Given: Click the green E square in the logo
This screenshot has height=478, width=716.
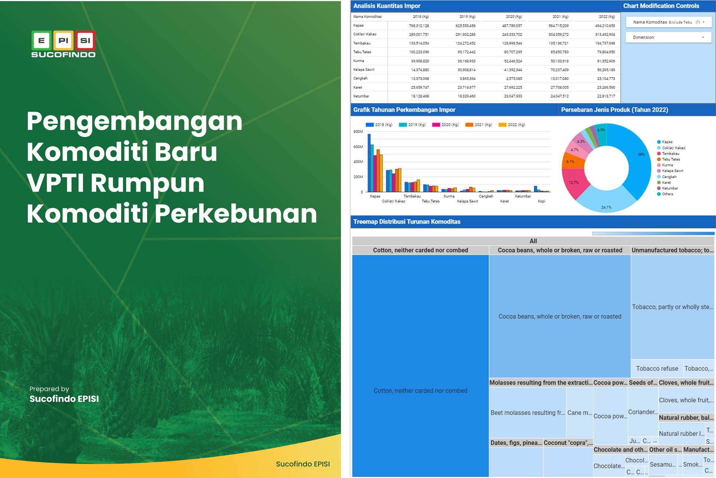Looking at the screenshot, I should click(42, 40).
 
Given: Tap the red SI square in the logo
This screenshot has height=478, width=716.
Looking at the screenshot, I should click(85, 40).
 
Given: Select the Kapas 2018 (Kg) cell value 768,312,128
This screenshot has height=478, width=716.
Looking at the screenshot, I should click(419, 26).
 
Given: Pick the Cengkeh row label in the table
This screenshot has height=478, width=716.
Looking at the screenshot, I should click(360, 78).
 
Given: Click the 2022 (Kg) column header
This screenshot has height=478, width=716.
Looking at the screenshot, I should click(606, 17).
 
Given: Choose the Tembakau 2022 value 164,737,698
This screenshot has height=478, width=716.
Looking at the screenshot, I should click(605, 43).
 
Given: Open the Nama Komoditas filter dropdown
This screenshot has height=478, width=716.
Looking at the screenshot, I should click(668, 22).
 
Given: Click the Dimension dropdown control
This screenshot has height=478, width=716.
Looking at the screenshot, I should click(668, 37).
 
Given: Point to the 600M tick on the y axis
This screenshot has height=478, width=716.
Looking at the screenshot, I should click(358, 147).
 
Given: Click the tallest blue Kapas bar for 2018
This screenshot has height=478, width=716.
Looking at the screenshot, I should click(369, 163).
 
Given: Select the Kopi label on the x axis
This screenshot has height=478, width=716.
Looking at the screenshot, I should click(541, 201).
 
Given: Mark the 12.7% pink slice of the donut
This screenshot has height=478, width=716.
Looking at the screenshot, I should click(573, 183).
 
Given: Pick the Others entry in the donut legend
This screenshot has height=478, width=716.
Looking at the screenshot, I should click(667, 194).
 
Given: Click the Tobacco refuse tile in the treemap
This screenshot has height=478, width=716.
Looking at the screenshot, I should click(657, 369).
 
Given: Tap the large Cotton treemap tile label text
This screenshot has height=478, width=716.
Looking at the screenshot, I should click(420, 390).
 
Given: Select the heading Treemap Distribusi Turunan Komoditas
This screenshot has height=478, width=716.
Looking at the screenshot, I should click(407, 222).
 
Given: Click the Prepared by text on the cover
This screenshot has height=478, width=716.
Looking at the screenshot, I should click(49, 389).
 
